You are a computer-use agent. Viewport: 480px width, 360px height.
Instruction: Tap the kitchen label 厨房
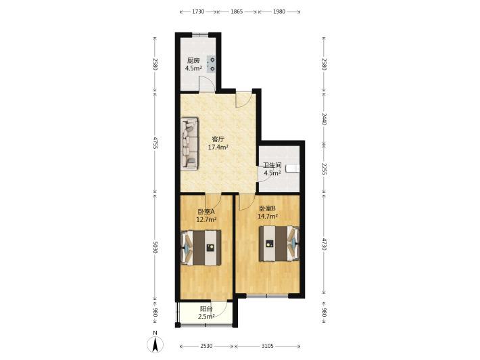[193, 61]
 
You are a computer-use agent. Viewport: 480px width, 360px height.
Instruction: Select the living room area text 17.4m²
[218, 147]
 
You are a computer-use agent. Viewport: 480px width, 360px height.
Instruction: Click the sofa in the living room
[189, 143]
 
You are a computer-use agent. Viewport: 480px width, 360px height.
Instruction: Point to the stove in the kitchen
[211, 64]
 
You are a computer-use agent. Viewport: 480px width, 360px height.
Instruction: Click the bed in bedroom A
[201, 248]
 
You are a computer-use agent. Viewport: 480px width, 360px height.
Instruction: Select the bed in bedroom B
[279, 244]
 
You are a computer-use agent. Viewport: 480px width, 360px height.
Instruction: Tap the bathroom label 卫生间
[272, 165]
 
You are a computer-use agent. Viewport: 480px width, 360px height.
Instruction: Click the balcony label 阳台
[206, 309]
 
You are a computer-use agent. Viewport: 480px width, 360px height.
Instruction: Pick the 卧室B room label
[268, 208]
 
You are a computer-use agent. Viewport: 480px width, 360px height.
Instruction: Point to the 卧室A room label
[206, 211]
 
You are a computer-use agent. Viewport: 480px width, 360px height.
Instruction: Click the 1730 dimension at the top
[198, 12]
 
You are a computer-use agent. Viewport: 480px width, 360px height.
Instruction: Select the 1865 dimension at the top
[237, 12]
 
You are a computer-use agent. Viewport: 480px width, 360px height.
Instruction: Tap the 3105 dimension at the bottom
[267, 346]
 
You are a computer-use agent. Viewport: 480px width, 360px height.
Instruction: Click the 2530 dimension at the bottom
[206, 346]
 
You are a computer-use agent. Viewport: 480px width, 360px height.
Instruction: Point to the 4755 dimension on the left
[155, 143]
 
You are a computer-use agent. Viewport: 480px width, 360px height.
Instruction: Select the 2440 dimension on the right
[325, 119]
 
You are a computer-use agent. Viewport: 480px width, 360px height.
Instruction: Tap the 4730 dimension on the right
[325, 244]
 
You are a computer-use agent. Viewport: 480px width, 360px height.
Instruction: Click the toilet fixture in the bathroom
[293, 168]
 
